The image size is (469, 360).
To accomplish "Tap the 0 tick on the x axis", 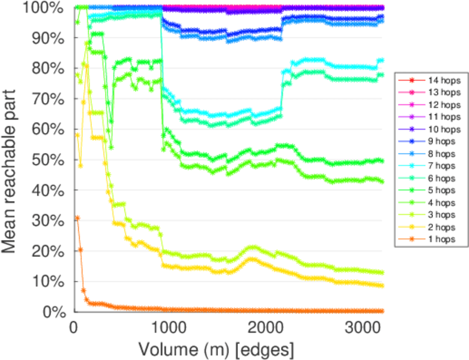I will [x=74, y=328].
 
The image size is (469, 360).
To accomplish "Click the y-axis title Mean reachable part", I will [x=13, y=159].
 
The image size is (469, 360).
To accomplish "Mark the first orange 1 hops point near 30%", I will [x=77, y=218].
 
